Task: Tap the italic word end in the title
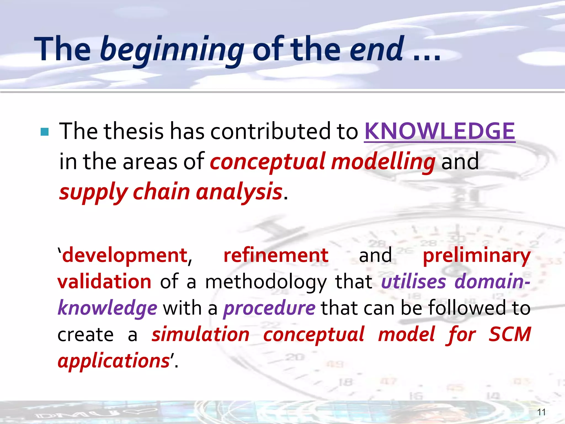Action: pyautogui.click(x=377, y=49)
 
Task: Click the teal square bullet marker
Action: pyautogui.click(x=44, y=132)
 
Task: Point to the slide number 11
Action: pyautogui.click(x=541, y=412)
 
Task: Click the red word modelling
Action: pyautogui.click(x=383, y=162)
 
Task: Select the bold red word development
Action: pyautogui.click(x=125, y=255)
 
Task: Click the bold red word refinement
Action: pyautogui.click(x=276, y=255)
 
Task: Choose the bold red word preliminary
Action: pyautogui.click(x=476, y=256)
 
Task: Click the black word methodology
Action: pyautogui.click(x=266, y=282)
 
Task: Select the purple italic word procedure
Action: pyautogui.click(x=269, y=308)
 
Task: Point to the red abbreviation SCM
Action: pyautogui.click(x=510, y=334)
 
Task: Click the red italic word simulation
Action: pyautogui.click(x=201, y=334)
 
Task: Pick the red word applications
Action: pyautogui.click(x=114, y=361)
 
